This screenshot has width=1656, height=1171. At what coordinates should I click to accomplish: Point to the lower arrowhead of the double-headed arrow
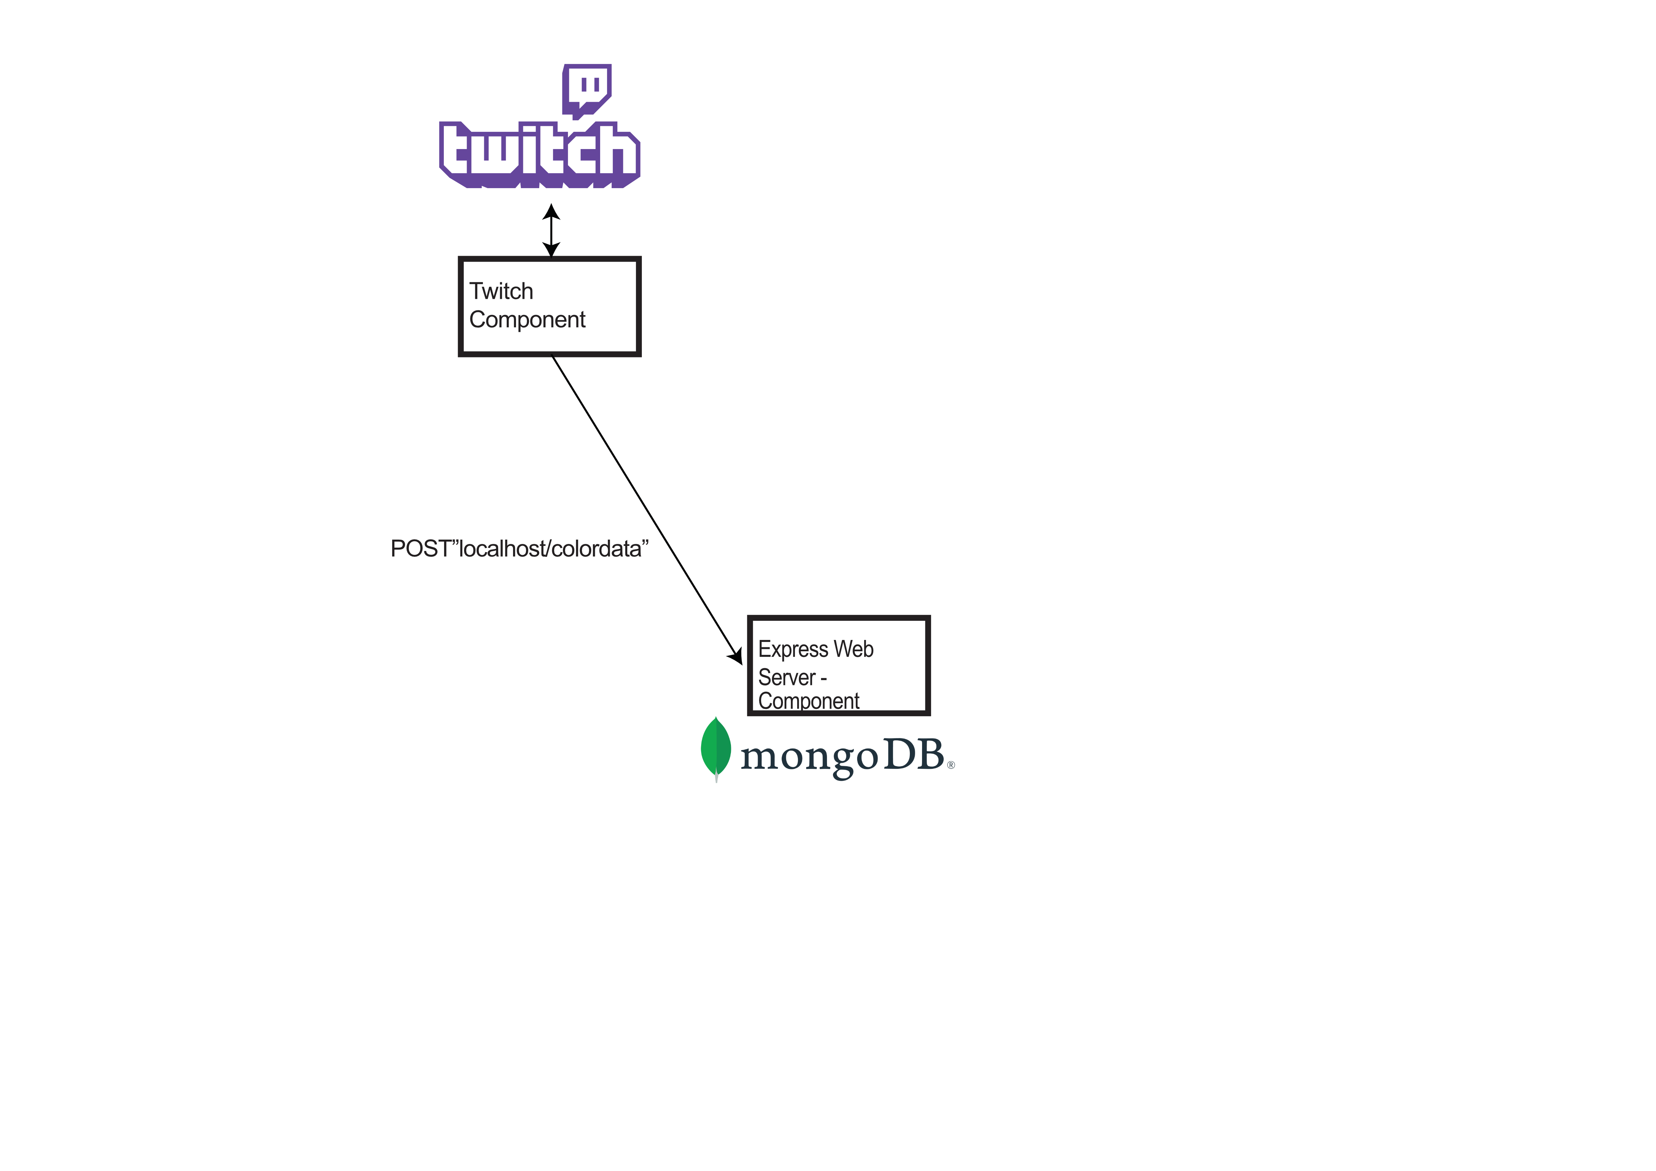click(x=551, y=249)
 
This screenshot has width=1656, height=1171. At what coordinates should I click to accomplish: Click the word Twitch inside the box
click(x=501, y=292)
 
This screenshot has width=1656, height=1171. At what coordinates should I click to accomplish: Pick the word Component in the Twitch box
click(x=527, y=320)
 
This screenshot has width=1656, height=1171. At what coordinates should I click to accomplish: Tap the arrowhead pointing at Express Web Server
click(x=736, y=655)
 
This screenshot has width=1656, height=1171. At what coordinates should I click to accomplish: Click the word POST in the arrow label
click(x=420, y=549)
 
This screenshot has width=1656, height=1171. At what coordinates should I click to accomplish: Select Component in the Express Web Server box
click(x=808, y=701)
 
